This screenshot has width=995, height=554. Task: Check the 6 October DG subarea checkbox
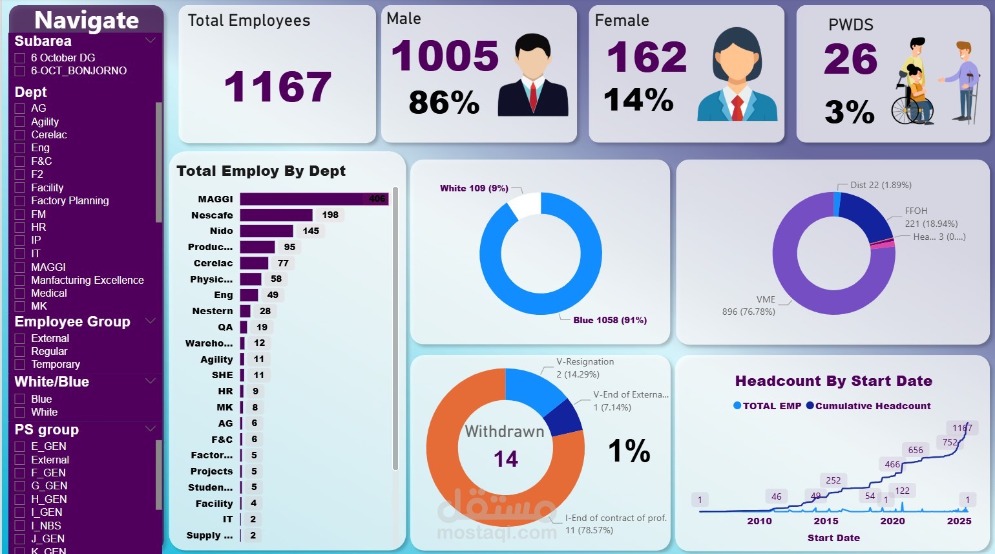point(20,58)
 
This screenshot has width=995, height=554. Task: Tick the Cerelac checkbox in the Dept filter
point(20,135)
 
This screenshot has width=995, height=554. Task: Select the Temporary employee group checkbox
point(20,365)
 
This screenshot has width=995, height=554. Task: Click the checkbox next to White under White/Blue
point(20,412)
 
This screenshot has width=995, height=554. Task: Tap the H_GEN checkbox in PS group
point(20,500)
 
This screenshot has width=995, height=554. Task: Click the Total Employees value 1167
point(277,87)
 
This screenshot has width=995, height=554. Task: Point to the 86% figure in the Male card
point(444,102)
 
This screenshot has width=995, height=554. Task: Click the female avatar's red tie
point(737,107)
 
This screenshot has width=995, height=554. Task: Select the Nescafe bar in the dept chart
point(276,215)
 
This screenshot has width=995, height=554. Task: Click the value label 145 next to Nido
point(311,231)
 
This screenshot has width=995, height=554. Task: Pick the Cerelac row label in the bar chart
point(213,263)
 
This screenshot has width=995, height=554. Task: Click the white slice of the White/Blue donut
point(525,203)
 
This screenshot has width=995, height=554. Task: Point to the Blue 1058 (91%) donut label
point(609,320)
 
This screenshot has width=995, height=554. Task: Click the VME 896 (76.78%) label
point(749,305)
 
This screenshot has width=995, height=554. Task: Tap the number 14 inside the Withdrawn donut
point(505,459)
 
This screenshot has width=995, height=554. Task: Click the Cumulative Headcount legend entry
point(868,406)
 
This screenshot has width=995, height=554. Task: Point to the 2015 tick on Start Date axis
point(826,521)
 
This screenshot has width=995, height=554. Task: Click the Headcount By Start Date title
point(833,381)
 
